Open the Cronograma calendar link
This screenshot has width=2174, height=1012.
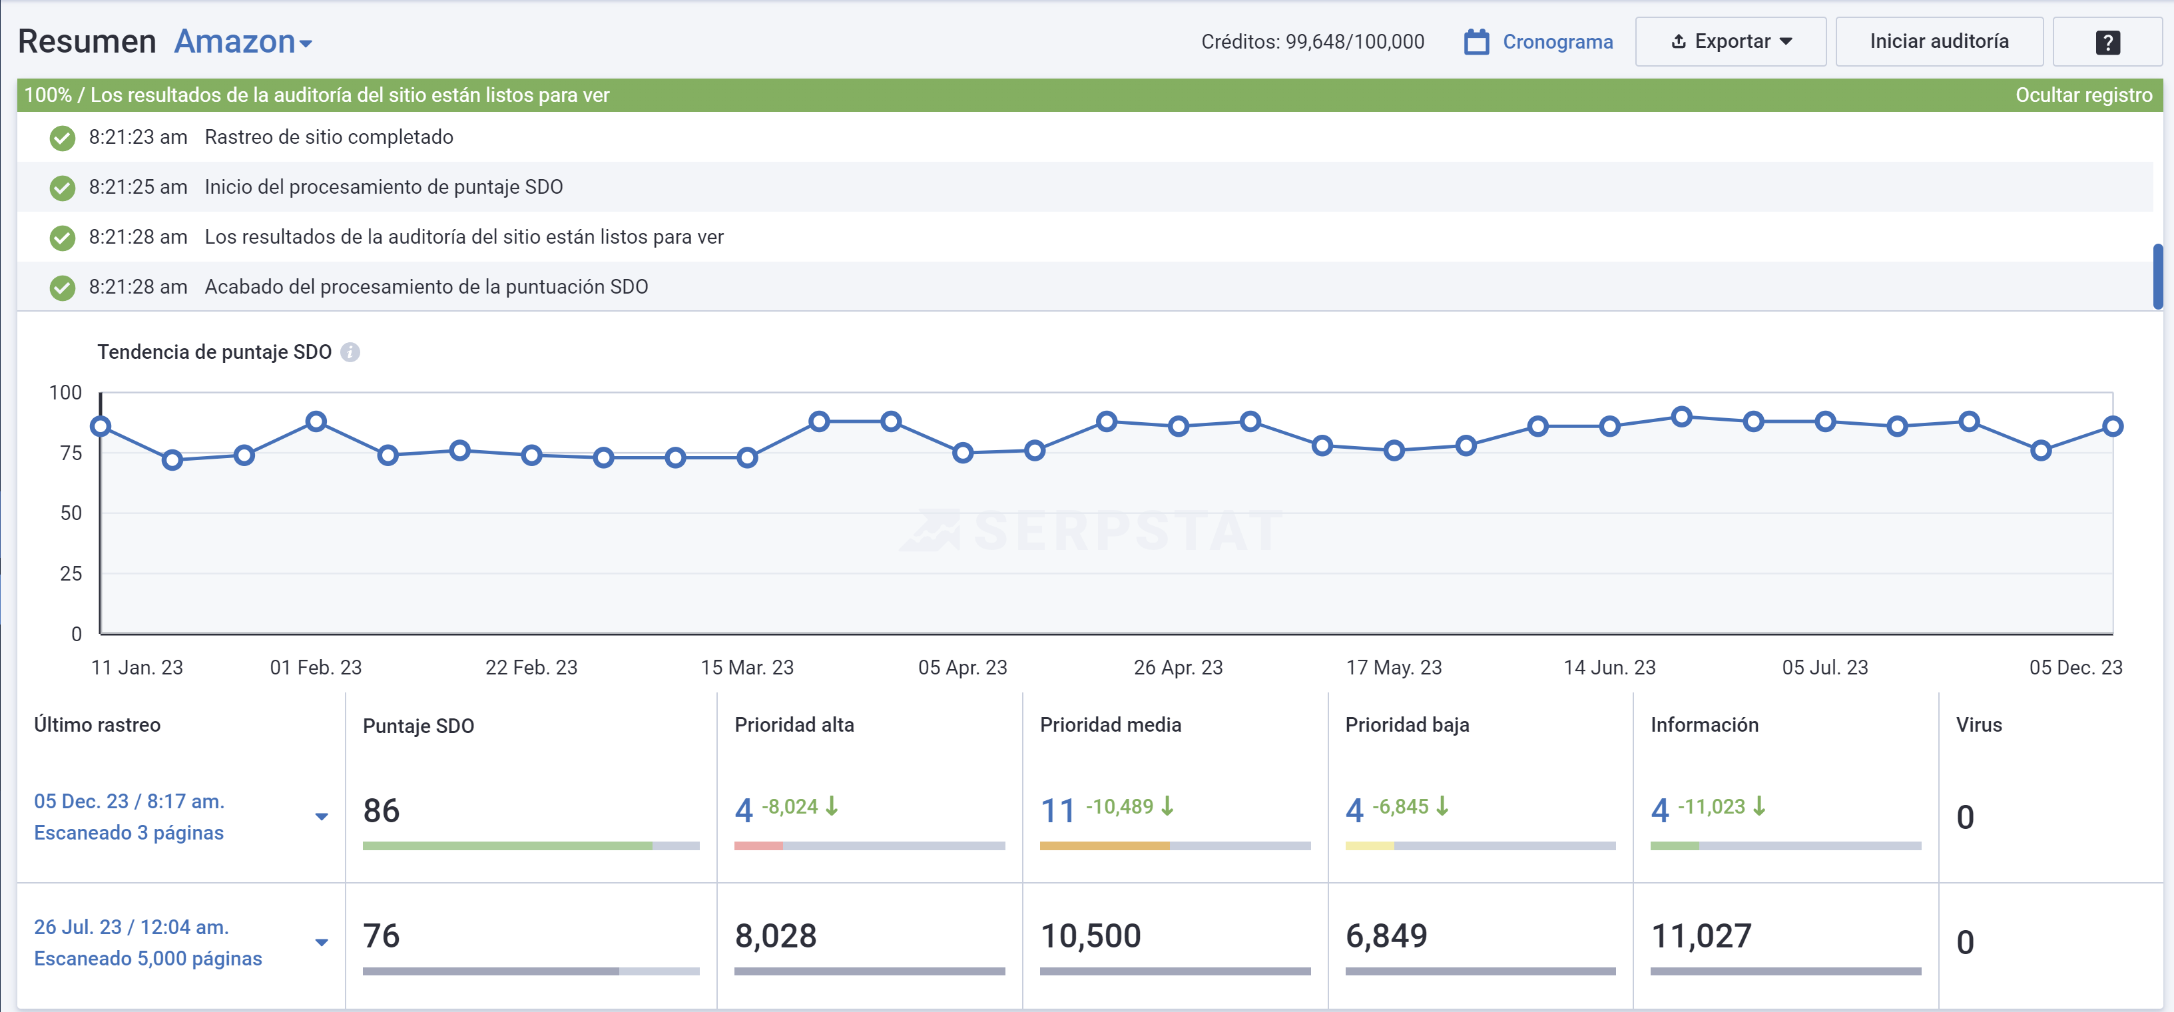pos(1539,41)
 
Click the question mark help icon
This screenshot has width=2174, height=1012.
pos(2107,42)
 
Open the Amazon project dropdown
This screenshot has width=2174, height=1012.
pos(243,41)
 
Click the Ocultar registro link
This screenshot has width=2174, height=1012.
pos(2083,95)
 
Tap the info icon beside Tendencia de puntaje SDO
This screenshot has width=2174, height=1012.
pos(350,352)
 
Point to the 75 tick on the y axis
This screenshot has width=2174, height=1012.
pos(71,453)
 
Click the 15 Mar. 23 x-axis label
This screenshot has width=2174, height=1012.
pos(747,667)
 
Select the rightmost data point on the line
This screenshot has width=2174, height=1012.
pos(2112,426)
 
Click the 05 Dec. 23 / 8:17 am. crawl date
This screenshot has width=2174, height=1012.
pos(129,801)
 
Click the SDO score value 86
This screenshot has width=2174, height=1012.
pos(382,810)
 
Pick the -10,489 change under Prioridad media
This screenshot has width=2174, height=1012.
pos(1119,806)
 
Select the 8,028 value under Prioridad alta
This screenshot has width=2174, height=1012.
pos(776,935)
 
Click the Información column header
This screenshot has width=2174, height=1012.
pos(1704,724)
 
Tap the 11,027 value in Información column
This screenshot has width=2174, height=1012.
pos(1701,935)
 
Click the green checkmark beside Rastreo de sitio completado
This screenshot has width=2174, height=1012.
pos(63,138)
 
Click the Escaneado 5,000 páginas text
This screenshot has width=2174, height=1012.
pos(148,958)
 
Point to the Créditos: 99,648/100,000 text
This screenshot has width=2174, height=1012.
pos(1312,41)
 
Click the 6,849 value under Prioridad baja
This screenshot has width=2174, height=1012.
pos(1386,935)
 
